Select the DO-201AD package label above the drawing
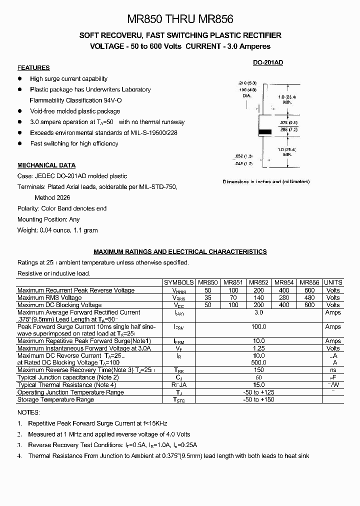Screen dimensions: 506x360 coord(267,62)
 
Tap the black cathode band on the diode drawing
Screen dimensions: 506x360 coord(264,132)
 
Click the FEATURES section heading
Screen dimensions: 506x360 coord(33,68)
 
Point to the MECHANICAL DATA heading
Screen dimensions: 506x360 coord(46,165)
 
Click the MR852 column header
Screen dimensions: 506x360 coord(259,282)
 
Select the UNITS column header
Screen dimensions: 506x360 coord(333,282)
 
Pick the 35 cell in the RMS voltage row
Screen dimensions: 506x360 coord(207,297)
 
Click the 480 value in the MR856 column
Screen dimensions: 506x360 coord(309,297)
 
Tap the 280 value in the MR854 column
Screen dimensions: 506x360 coord(284,297)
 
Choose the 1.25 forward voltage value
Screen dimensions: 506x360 coord(259,348)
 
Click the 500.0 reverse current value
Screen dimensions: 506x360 coord(259,362)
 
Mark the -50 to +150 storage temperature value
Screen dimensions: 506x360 coord(259,399)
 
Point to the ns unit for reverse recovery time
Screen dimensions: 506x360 coord(333,370)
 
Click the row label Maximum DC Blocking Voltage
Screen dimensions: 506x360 coord(59,305)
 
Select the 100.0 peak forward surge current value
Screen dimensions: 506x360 coord(259,326)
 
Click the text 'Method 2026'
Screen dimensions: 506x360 coord(53,197)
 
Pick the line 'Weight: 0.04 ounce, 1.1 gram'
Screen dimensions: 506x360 coord(57,230)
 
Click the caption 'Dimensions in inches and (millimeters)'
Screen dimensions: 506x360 coord(266,182)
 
